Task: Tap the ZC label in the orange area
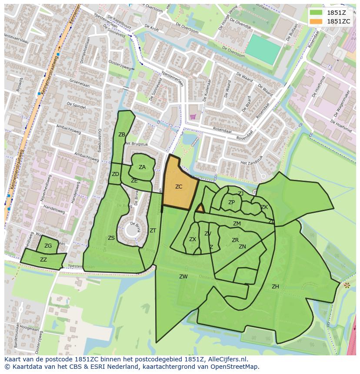(x=179, y=187)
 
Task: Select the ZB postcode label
(x=122, y=135)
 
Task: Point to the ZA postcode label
(x=142, y=167)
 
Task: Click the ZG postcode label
(x=48, y=246)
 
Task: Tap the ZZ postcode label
(x=43, y=260)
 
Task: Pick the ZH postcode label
(x=275, y=287)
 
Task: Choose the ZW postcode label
(x=183, y=277)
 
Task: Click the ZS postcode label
(x=111, y=238)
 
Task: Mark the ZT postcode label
(x=153, y=231)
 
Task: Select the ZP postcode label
(x=231, y=202)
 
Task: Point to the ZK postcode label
(x=264, y=207)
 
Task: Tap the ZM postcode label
(x=237, y=224)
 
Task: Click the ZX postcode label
(x=193, y=239)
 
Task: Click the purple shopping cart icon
(x=193, y=116)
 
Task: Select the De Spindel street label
(x=76, y=106)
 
